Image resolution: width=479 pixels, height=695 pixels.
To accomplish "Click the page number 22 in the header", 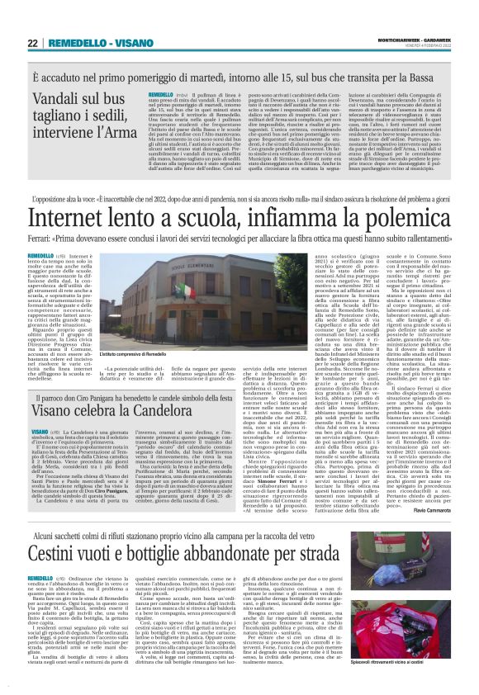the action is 33,42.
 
